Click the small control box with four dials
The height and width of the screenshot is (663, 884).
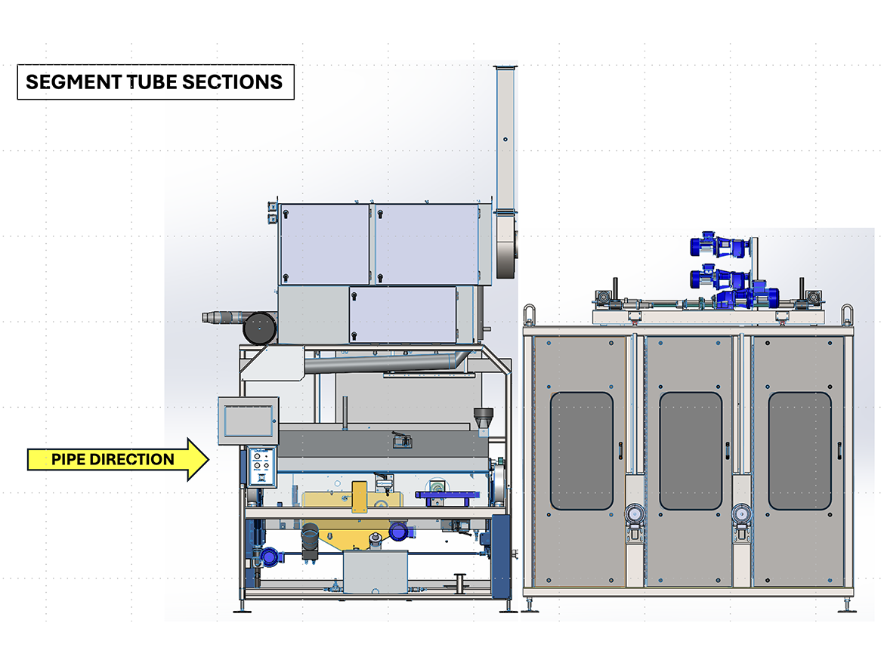(259, 467)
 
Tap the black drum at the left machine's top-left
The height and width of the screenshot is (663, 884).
(258, 328)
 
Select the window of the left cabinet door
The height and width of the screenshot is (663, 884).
(581, 451)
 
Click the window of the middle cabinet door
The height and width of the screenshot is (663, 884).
(690, 451)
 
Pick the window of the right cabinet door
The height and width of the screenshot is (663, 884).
(799, 451)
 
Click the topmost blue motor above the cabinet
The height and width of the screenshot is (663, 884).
(716, 245)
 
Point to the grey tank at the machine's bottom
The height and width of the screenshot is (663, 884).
(374, 572)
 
